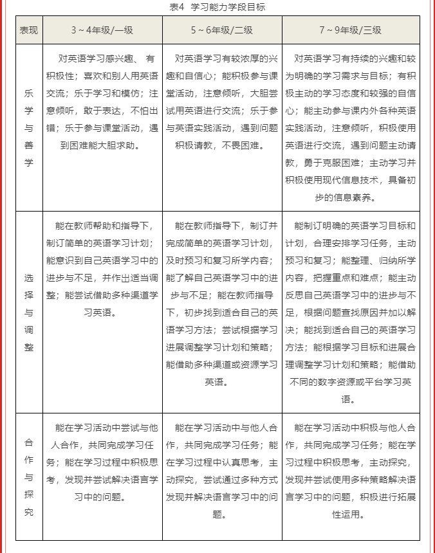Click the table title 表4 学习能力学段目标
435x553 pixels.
pos(217,7)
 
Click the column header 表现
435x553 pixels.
pos(29,30)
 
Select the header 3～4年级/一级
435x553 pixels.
pos(102,30)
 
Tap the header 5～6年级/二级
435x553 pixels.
pos(221,30)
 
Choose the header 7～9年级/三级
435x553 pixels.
pos(350,30)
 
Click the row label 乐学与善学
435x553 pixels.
pos(29,127)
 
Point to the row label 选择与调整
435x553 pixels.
pos(29,312)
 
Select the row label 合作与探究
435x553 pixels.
pos(29,476)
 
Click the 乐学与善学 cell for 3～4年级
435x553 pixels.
pos(102,102)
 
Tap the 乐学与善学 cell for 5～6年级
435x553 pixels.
pos(221,102)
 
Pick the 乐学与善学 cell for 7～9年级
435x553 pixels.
pos(350,127)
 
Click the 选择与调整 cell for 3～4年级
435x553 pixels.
pos(102,269)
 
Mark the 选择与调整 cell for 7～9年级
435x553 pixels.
pos(350,312)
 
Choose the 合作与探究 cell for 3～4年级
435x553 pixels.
pos(102,462)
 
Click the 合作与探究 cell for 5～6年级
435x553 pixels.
pos(221,470)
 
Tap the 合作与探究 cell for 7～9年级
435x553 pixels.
pos(350,470)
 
